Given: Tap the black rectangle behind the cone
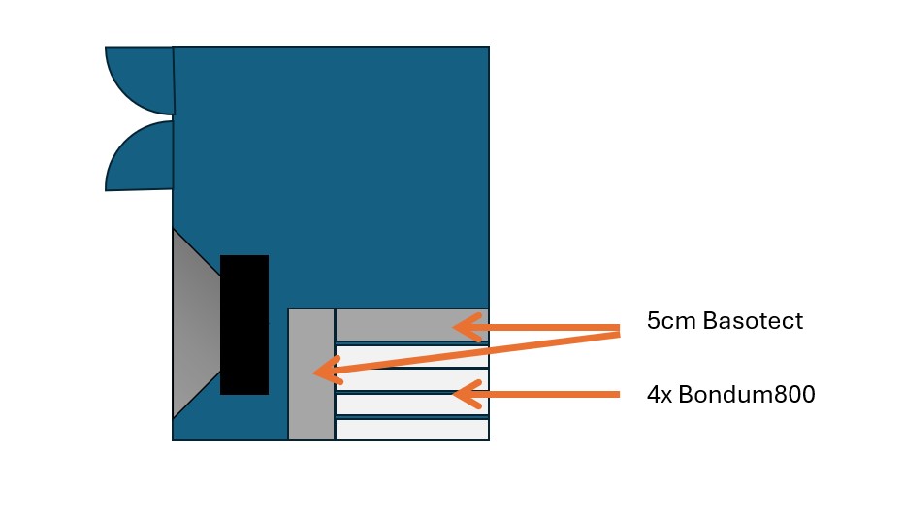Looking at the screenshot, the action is click(x=244, y=325).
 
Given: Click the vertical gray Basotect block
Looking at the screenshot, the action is click(x=311, y=374).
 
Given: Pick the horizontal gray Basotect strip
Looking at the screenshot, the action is click(x=412, y=325).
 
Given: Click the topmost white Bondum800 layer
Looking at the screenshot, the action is click(x=412, y=357).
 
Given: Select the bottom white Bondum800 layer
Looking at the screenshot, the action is click(x=412, y=430).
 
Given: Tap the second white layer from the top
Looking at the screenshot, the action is click(x=412, y=380).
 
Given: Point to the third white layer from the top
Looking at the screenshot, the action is click(x=412, y=405).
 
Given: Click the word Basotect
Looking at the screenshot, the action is click(x=753, y=321).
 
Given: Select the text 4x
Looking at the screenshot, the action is click(x=660, y=395).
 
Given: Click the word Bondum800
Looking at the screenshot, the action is click(x=747, y=395).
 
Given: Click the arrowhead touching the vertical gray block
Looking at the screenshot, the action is click(x=327, y=371).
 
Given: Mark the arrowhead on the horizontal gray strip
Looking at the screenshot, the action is click(x=468, y=327).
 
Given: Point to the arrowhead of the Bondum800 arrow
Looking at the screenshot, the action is click(x=468, y=394).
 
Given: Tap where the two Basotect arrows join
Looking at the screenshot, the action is click(x=619, y=330).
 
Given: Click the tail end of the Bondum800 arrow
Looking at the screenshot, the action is click(x=619, y=395).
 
